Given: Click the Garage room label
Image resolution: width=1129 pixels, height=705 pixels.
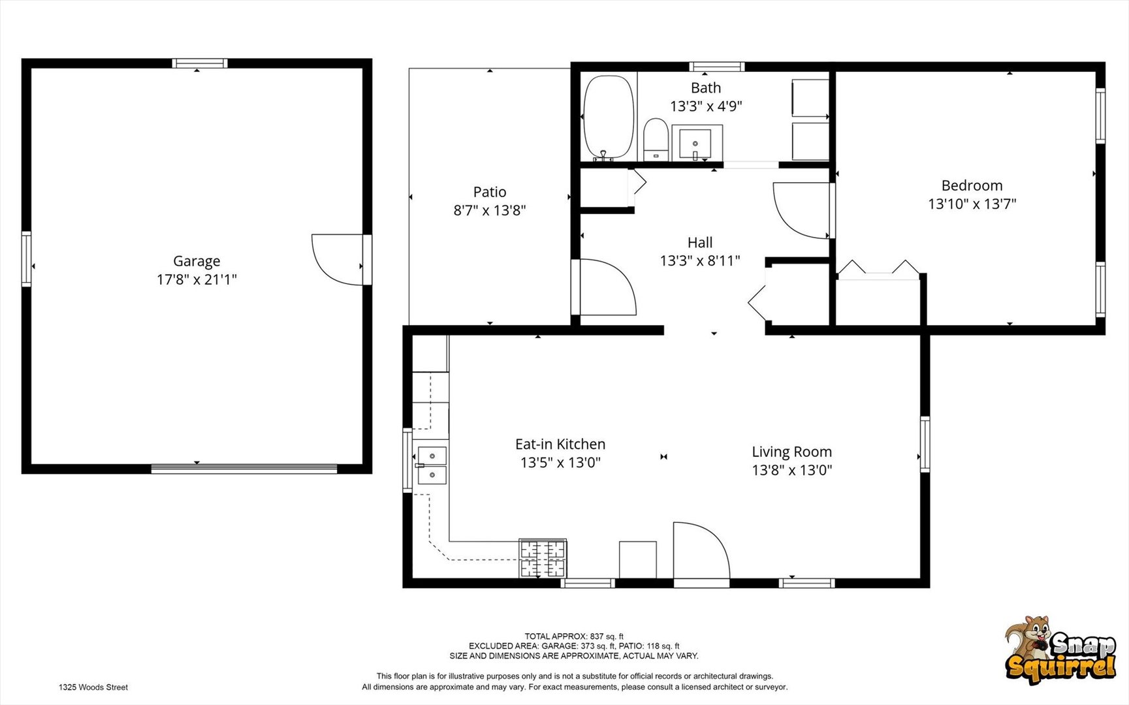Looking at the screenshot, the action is [x=197, y=261].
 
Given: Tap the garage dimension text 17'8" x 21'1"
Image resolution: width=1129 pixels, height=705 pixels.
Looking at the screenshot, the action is [x=197, y=279].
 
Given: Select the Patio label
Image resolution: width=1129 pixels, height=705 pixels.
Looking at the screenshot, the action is [x=490, y=192].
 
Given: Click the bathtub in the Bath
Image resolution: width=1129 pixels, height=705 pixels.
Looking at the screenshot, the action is [x=608, y=117].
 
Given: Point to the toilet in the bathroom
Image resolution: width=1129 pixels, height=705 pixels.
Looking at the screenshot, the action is [x=656, y=139].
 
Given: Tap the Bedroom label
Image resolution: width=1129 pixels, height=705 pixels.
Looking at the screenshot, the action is [x=972, y=185].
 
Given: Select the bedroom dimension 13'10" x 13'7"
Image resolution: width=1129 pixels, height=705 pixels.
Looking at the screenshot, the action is [x=972, y=204].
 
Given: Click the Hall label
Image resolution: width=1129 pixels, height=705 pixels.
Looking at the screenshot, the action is [x=700, y=242].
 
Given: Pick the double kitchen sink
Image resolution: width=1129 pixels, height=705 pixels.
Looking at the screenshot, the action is [x=432, y=465].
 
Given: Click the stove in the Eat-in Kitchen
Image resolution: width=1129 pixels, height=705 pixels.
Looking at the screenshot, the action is [x=543, y=558].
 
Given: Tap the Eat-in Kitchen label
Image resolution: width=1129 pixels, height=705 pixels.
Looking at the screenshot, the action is [x=560, y=444].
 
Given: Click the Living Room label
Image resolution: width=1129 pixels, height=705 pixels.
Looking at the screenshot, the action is [x=791, y=452].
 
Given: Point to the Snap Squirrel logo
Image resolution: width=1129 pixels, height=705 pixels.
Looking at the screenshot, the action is [x=1060, y=650].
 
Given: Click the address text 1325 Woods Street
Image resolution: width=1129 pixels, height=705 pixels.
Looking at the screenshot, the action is [x=93, y=687].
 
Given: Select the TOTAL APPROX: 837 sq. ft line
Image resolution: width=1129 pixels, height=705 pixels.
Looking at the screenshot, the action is [x=574, y=636].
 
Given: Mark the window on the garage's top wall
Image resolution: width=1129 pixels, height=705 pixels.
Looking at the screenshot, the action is [x=200, y=63].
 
